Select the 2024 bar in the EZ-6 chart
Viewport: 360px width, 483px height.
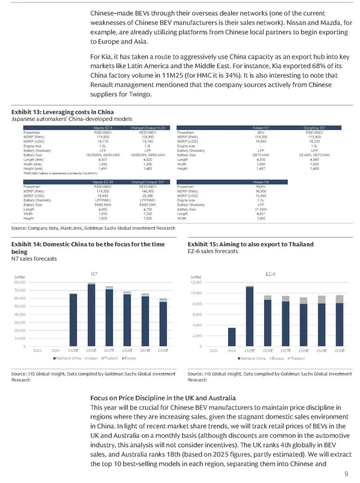232,337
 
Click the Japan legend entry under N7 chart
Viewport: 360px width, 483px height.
91,358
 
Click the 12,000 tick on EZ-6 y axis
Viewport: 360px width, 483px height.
196,283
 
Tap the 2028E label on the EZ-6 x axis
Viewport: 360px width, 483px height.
303,351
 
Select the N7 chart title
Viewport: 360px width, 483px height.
94,274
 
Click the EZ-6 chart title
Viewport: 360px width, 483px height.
270,274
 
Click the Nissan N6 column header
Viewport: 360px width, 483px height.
261,182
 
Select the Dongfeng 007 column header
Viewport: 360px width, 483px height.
314,128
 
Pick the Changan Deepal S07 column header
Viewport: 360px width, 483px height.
148,182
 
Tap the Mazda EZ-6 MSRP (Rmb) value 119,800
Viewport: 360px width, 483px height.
103,137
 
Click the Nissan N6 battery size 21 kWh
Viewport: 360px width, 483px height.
261,209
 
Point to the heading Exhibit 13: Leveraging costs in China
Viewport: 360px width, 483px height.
62,112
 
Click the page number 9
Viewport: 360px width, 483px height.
346,474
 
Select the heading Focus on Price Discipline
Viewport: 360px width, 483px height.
163,398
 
